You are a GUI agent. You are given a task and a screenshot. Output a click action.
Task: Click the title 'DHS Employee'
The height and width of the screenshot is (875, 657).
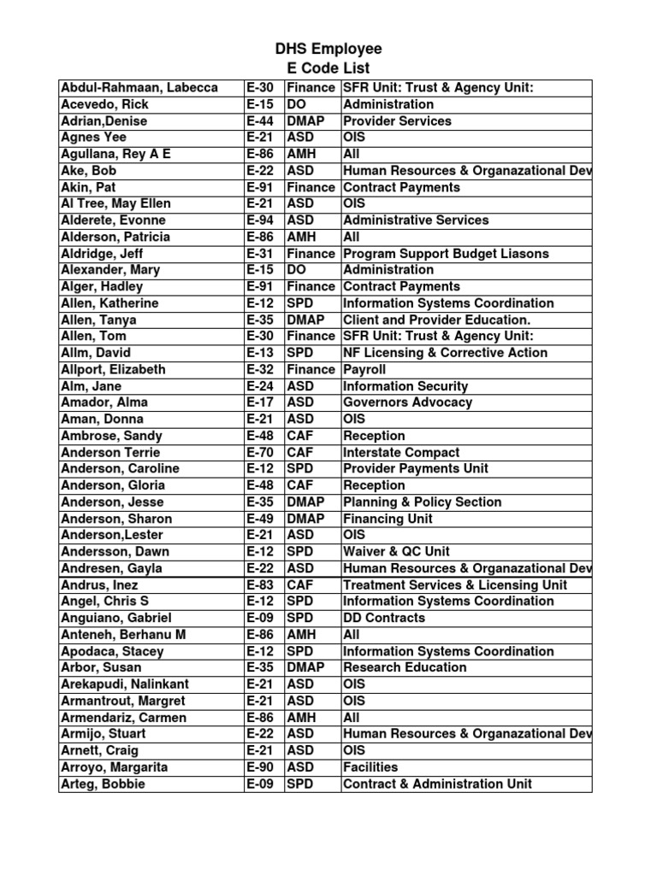click(328, 49)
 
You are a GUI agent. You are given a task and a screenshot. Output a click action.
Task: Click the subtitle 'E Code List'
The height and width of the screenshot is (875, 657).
click(328, 68)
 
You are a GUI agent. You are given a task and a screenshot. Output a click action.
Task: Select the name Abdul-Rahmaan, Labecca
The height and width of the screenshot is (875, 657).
click(139, 87)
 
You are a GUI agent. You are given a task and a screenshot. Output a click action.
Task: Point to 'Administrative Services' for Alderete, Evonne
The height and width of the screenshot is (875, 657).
click(416, 220)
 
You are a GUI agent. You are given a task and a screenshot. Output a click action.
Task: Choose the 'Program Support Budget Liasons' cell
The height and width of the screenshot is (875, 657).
click(446, 253)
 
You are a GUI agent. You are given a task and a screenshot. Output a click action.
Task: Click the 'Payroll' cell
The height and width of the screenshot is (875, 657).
click(364, 369)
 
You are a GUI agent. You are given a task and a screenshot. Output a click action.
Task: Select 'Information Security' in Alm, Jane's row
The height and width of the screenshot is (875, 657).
click(405, 386)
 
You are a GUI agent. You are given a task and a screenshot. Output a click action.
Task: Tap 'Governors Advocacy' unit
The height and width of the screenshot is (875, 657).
click(407, 402)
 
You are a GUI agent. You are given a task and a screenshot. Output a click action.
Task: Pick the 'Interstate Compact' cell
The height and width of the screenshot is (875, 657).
click(401, 452)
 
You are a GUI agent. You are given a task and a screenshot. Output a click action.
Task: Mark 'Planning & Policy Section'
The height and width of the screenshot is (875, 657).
click(422, 502)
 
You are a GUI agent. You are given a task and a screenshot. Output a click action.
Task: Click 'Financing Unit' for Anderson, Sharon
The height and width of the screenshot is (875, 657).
click(388, 519)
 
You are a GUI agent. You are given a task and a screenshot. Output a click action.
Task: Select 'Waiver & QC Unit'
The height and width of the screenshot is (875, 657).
click(396, 551)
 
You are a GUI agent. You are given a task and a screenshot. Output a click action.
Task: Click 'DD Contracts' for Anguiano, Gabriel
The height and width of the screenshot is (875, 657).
click(383, 618)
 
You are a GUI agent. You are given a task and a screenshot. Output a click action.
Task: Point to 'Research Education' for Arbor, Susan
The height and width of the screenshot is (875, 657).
click(405, 667)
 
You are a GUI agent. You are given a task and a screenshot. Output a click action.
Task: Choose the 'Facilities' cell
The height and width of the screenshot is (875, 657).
click(370, 767)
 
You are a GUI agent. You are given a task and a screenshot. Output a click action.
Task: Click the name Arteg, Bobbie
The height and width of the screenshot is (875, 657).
click(103, 784)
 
